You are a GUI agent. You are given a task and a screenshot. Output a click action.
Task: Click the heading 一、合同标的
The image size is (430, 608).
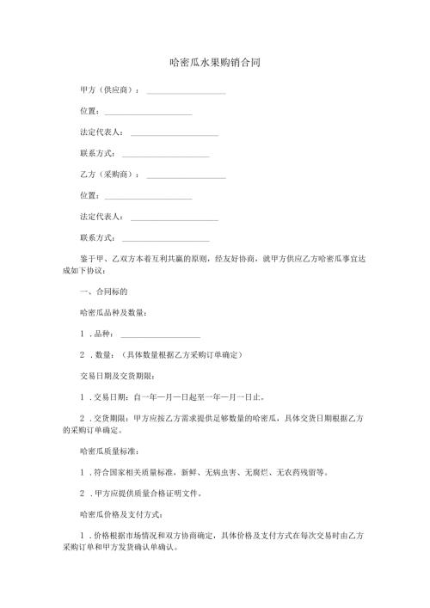click(x=102, y=292)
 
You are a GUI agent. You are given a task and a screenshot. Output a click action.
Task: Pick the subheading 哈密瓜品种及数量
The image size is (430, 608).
click(x=112, y=312)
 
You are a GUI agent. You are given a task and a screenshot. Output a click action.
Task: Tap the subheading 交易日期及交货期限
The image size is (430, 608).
click(x=116, y=376)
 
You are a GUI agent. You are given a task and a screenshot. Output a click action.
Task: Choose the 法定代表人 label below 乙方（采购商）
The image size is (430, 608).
click(x=101, y=218)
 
